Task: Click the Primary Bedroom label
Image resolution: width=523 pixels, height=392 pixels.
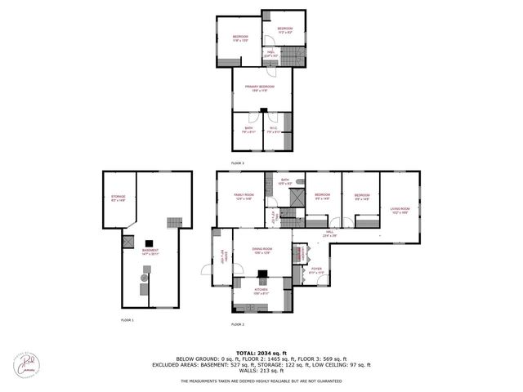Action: point(262,87)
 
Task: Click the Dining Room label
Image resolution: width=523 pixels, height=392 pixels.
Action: point(262,251)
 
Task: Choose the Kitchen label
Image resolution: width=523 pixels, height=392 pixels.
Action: point(262,292)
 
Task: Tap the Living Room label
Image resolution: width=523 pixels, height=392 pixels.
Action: point(400,210)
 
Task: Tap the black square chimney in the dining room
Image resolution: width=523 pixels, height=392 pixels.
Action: point(263,275)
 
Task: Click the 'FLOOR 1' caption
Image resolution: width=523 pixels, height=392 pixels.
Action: point(127,320)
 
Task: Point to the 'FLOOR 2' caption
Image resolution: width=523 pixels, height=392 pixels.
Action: point(237,325)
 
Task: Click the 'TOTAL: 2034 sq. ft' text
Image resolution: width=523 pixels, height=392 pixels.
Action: point(261,350)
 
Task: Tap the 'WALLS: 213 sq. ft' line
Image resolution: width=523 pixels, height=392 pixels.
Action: point(261,371)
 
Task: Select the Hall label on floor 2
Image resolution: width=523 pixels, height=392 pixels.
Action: point(330,234)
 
